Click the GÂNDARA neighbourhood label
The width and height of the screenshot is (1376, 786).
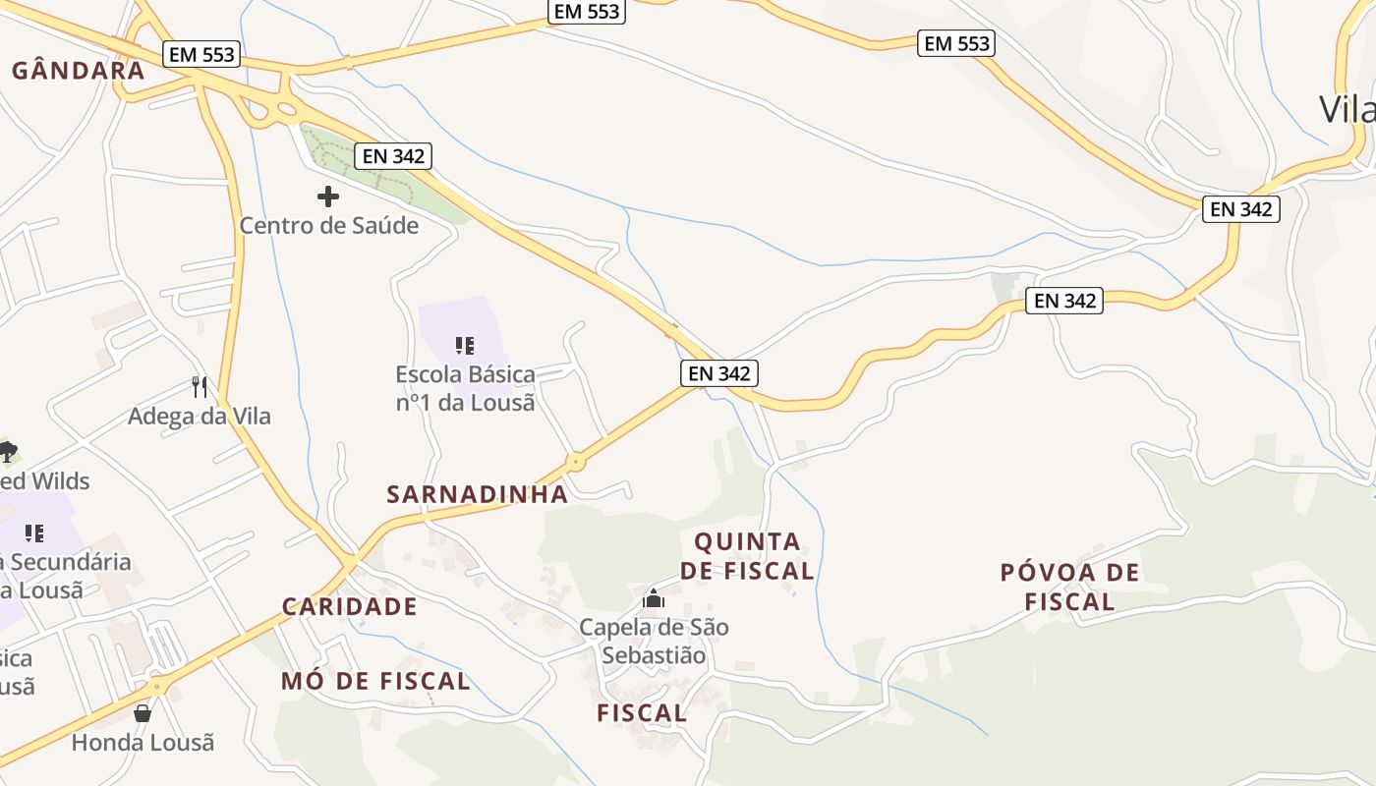[x=78, y=71]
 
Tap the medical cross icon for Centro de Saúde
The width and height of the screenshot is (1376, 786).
[x=328, y=196]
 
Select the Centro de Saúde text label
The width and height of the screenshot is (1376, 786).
[x=329, y=225]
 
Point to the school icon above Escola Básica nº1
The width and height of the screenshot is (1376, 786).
[x=465, y=345]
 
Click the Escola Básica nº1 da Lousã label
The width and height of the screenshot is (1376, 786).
[x=465, y=388]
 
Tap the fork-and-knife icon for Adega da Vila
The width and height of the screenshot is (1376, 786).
[x=200, y=386]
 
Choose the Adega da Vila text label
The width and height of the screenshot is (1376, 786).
[x=200, y=416]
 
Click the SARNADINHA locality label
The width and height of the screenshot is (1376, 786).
[x=478, y=494]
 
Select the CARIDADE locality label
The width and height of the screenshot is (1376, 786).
[x=350, y=606]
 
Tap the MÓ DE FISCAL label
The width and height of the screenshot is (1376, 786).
[x=375, y=681]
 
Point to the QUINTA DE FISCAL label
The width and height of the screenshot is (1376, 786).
[x=747, y=556]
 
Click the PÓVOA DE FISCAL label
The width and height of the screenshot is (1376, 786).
[x=1070, y=587]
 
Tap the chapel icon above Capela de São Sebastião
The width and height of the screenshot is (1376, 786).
[x=654, y=597]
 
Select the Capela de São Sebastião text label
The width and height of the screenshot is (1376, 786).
[x=654, y=641]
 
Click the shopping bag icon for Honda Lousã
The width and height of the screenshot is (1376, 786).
[x=143, y=712]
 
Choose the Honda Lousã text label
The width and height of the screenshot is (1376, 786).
[x=143, y=742]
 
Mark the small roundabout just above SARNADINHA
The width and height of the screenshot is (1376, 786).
[x=576, y=461]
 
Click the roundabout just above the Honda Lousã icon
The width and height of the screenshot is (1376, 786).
[x=156, y=686]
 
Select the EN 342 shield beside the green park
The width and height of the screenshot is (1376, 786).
[x=394, y=155]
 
